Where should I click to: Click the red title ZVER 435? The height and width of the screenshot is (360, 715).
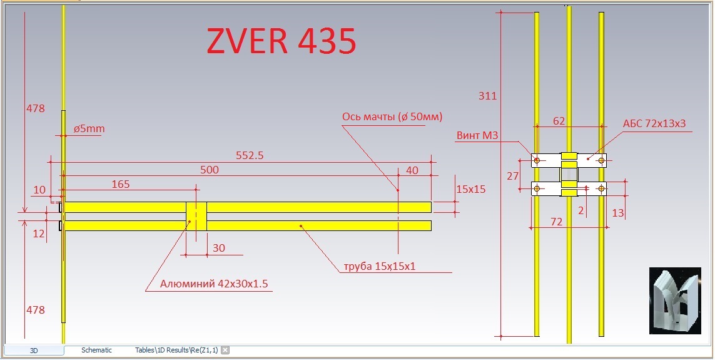click(281, 42)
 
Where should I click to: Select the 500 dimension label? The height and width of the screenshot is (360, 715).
click(210, 170)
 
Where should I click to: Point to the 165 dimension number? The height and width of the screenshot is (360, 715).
click(120, 184)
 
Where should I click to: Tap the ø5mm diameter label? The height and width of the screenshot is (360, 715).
click(89, 129)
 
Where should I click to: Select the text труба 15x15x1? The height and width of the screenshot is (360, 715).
click(380, 267)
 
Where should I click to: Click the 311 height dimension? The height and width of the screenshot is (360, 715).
click(487, 96)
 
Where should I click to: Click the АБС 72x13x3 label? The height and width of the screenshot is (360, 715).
click(654, 123)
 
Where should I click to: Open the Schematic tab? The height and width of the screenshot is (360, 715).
click(96, 351)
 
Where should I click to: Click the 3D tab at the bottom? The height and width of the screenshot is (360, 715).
click(34, 351)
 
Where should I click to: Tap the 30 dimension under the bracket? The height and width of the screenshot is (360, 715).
click(219, 248)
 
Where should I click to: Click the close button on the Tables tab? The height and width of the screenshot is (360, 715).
click(225, 351)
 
